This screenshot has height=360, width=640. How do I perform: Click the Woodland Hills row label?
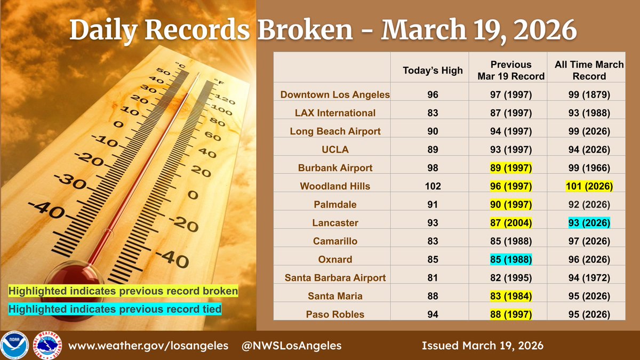pyautogui.click(x=335, y=186)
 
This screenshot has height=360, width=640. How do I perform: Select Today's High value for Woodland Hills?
pyautogui.click(x=433, y=186)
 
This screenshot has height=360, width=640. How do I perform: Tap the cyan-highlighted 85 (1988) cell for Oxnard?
pyautogui.click(x=511, y=259)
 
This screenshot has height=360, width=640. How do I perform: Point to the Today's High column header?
pyautogui.click(x=433, y=70)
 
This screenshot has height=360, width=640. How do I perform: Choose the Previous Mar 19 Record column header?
pyautogui.click(x=511, y=70)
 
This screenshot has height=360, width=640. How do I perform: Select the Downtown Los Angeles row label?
pyautogui.click(x=335, y=94)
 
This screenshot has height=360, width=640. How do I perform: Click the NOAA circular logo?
pyautogui.click(x=15, y=345)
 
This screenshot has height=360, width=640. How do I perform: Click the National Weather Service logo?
pyautogui.click(x=46, y=345)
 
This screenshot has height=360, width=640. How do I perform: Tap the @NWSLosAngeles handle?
pyautogui.click(x=292, y=346)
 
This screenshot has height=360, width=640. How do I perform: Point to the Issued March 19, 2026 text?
pyautogui.click(x=482, y=346)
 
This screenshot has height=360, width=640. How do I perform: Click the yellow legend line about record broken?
pyautogui.click(x=123, y=292)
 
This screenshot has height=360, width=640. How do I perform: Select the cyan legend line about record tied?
pyautogui.click(x=114, y=309)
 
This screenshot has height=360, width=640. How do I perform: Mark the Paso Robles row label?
pyautogui.click(x=335, y=314)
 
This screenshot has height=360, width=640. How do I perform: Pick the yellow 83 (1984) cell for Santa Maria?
pyautogui.click(x=511, y=296)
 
